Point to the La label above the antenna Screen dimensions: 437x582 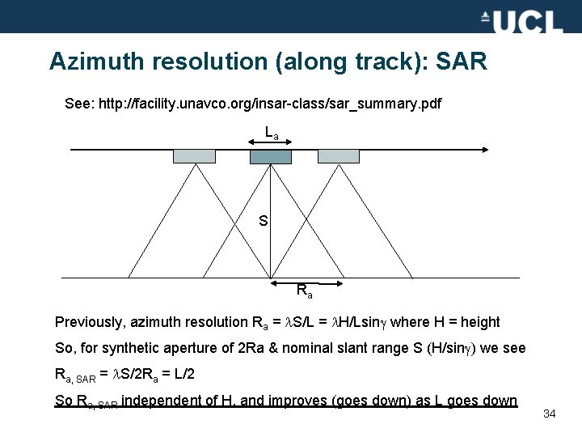(272, 132)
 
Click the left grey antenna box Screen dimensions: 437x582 (194, 156)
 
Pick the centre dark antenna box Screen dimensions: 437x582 (270, 156)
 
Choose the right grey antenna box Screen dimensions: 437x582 (339, 156)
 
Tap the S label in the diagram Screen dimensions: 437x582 (263, 220)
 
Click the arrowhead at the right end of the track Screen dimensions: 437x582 (485, 150)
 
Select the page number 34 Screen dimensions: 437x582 (549, 414)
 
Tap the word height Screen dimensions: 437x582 (480, 322)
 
